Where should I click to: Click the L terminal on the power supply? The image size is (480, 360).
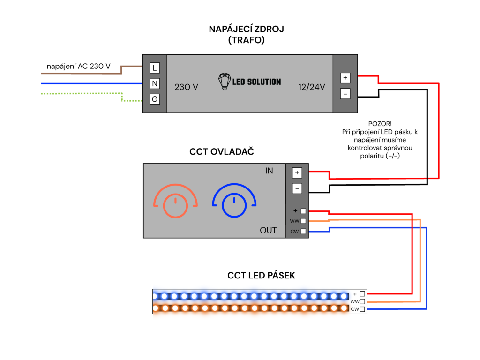[154, 68]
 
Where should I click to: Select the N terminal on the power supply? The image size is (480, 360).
[154, 83]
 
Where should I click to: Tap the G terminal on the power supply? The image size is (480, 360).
[154, 99]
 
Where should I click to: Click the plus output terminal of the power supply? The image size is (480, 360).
[345, 78]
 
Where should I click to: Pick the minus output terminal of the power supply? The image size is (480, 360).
[345, 94]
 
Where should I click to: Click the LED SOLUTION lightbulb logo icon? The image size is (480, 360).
[225, 81]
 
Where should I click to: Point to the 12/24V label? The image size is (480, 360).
[312, 87]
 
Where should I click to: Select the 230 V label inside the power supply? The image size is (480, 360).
[186, 87]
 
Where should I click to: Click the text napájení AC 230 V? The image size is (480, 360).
[79, 67]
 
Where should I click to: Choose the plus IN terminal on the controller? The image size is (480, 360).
[297, 172]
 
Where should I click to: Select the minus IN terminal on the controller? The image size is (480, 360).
[297, 188]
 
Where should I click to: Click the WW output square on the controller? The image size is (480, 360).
[303, 221]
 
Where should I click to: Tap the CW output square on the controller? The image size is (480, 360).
[303, 231]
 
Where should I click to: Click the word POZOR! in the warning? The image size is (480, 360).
[380, 123]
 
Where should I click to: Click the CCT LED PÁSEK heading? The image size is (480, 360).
[261, 276]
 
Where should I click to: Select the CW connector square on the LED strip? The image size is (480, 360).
[362, 309]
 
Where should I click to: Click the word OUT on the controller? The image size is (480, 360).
[268, 230]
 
